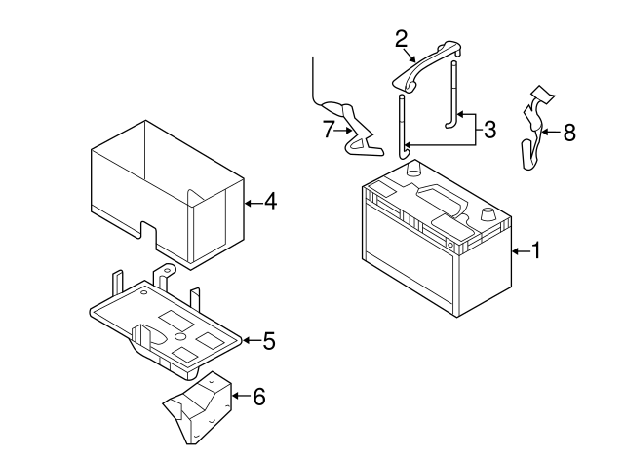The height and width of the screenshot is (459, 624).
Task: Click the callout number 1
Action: coord(533,251)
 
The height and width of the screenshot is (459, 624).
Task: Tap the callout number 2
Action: coord(401,39)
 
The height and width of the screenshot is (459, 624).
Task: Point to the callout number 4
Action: coord(270,202)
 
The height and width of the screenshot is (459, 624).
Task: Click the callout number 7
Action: coord(328,129)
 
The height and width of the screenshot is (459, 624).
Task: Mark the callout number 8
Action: coord(569,133)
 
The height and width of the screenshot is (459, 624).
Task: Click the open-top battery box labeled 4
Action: coord(166,190)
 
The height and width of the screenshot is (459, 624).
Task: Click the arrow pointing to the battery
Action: coord(516,251)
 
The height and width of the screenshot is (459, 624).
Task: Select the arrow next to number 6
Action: coord(239,396)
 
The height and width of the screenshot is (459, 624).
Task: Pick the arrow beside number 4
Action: coord(251,202)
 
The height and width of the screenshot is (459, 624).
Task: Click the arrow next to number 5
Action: coord(250,340)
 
